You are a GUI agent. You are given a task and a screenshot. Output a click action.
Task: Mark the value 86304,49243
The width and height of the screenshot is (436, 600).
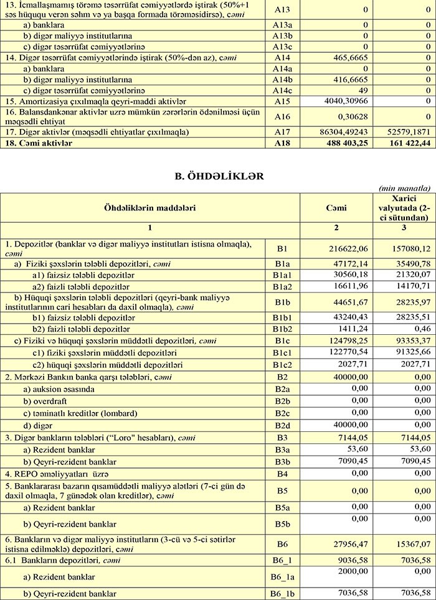tap(339, 133)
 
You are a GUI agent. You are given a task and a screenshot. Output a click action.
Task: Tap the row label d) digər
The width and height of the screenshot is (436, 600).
tap(37, 424)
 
